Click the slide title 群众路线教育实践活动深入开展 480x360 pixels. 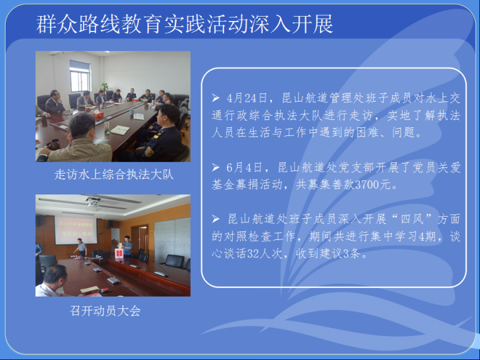(185, 24)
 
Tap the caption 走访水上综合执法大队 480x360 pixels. (114, 175)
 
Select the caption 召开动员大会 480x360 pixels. (105, 311)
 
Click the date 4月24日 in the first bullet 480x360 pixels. (247, 98)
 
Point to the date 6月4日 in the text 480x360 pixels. (244, 167)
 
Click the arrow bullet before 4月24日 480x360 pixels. (215, 98)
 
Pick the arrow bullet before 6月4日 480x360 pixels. (215, 167)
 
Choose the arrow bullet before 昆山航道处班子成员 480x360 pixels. (215, 219)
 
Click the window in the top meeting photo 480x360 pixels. (80, 76)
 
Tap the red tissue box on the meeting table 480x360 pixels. (98, 115)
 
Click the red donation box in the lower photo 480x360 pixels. (119, 254)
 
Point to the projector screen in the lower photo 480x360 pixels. (76, 231)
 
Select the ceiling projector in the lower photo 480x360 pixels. (93, 201)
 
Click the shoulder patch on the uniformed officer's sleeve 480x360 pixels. (149, 151)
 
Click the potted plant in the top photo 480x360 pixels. (104, 88)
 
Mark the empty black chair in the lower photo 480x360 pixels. (175, 261)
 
